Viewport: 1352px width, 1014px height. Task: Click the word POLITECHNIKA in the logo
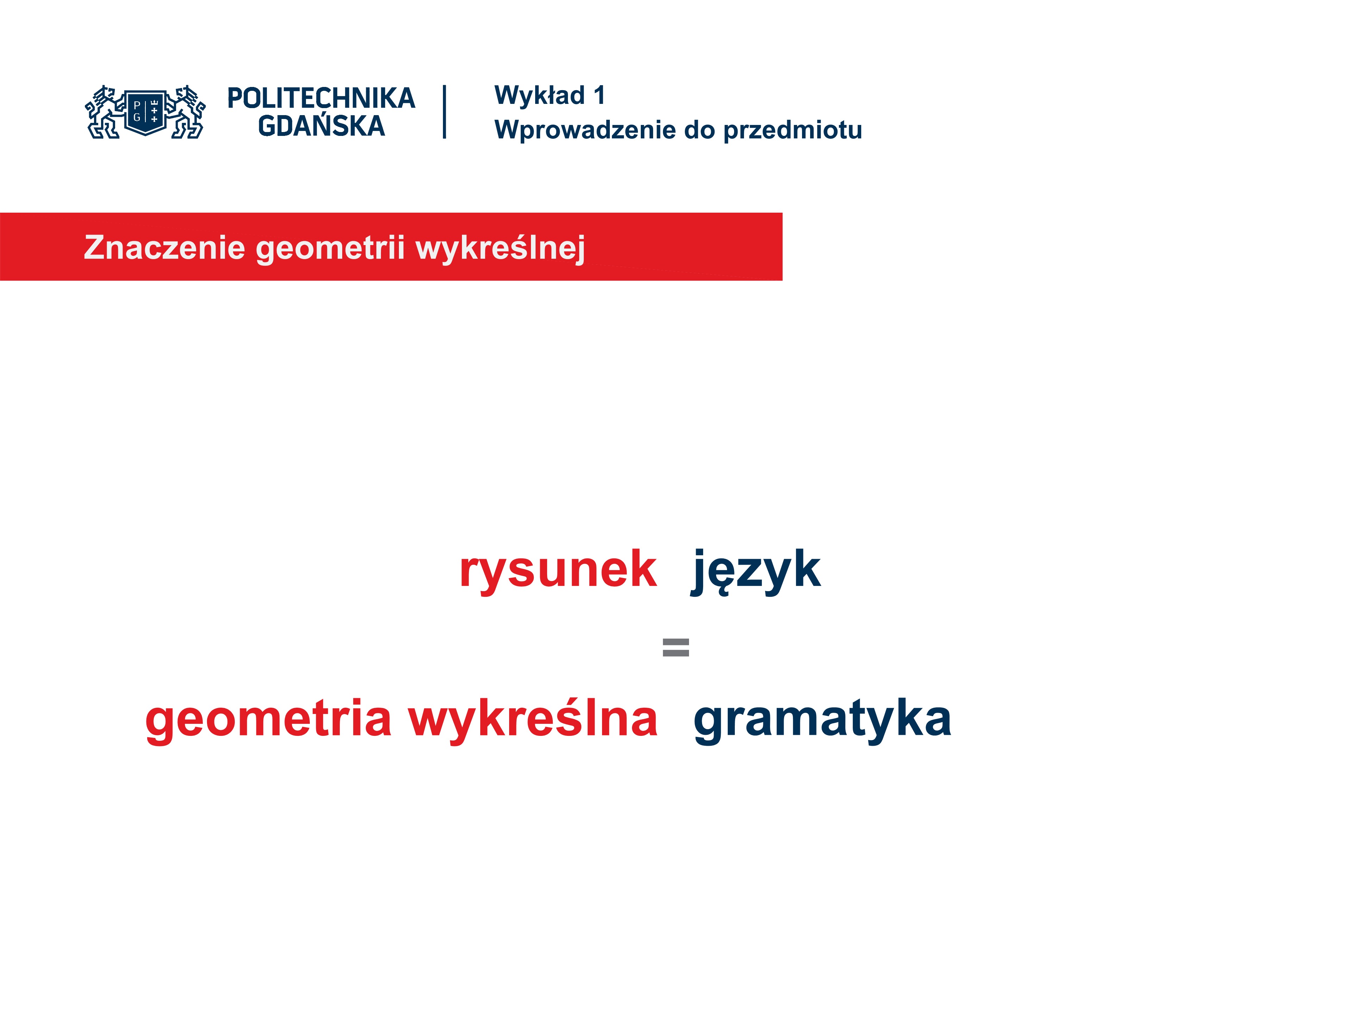(321, 98)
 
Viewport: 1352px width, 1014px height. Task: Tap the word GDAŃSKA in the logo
(321, 125)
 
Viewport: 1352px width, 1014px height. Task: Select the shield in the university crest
(145, 112)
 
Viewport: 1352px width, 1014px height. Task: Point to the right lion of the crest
(186, 112)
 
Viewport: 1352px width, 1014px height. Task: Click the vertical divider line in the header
(444, 112)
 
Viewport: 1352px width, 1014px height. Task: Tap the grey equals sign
(676, 647)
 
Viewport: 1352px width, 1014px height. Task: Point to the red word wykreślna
(533, 719)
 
